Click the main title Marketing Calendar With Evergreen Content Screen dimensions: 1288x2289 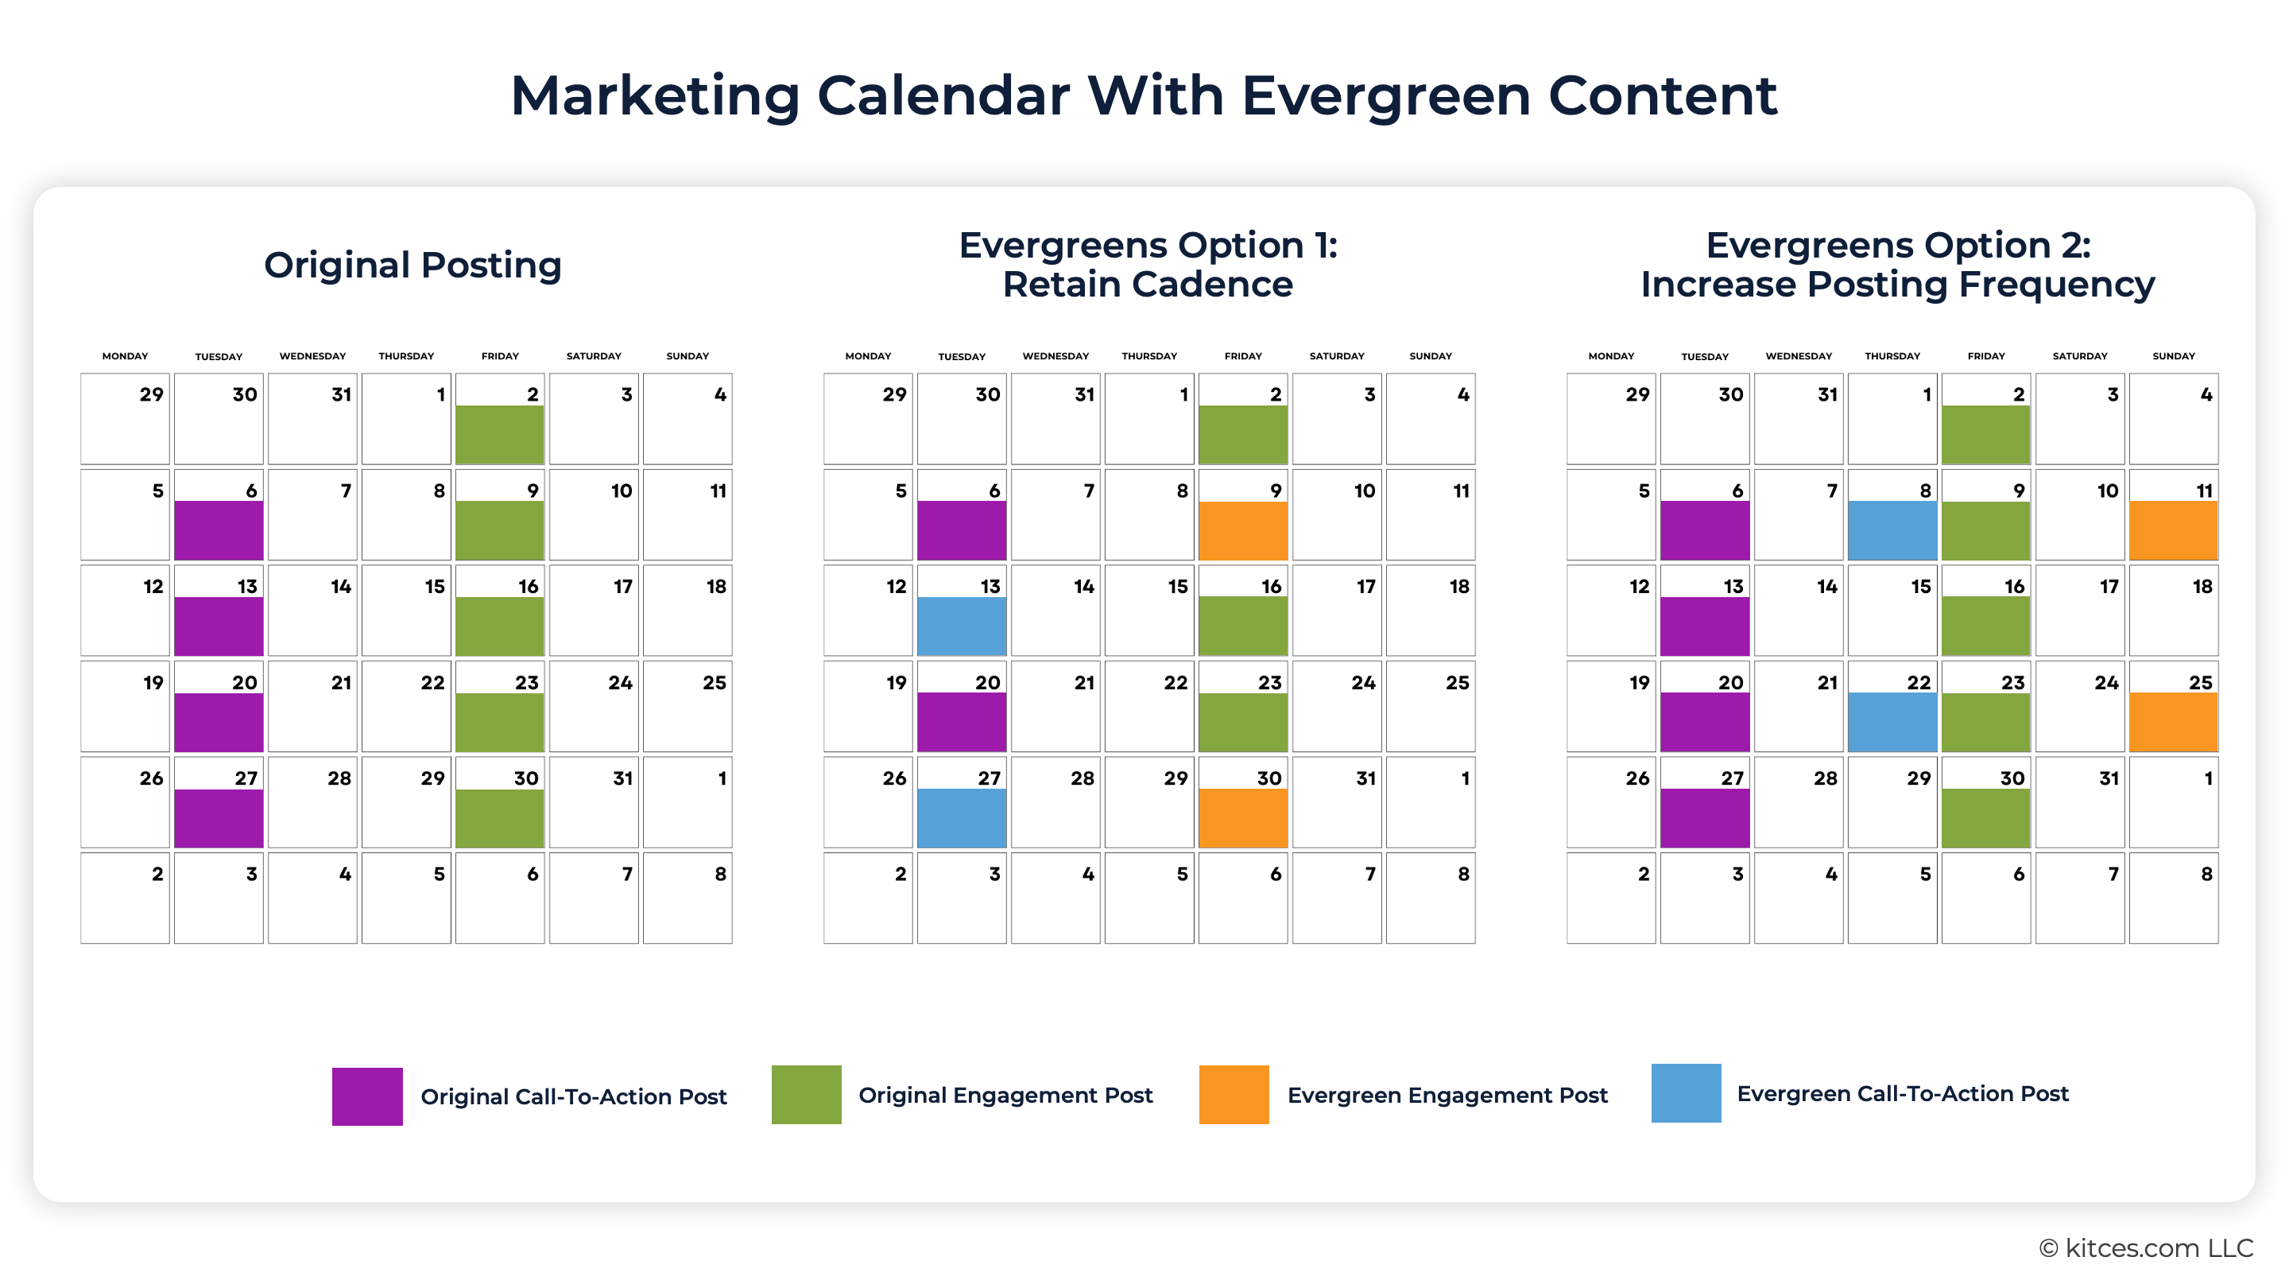[x=1144, y=95]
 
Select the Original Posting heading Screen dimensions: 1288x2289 [x=412, y=265]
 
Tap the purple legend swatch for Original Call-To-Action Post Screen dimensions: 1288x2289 [x=367, y=1096]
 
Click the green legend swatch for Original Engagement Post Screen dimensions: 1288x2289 [x=806, y=1094]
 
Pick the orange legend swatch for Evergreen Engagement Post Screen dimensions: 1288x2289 [x=1234, y=1094]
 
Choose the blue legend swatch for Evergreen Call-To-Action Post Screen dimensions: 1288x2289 [x=1686, y=1092]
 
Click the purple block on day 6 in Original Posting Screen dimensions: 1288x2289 [x=219, y=530]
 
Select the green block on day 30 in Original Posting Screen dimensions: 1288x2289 [x=499, y=818]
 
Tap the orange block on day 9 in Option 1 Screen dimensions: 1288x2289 [x=1242, y=530]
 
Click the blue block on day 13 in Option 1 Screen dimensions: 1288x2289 [x=962, y=626]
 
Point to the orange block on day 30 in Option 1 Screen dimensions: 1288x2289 [x=1242, y=818]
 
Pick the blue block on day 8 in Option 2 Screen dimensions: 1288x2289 [x=1892, y=530]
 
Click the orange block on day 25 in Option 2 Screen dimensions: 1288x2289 [x=2173, y=722]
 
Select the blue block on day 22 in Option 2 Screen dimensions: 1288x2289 [x=1892, y=722]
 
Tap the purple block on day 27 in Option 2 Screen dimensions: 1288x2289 [x=1704, y=818]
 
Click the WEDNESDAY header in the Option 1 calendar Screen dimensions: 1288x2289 [x=1055, y=356]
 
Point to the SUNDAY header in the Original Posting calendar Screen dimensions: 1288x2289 [x=687, y=356]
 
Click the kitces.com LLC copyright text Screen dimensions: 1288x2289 [x=2146, y=1248]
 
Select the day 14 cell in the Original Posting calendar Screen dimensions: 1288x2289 [x=313, y=611]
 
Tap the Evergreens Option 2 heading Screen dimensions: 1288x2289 [x=1897, y=265]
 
